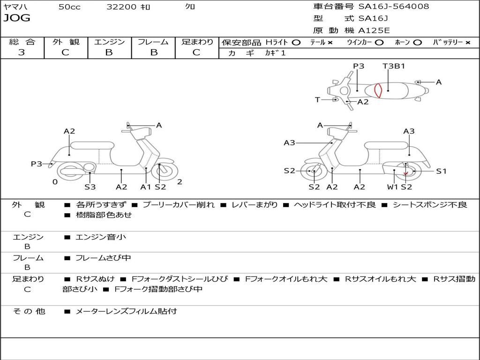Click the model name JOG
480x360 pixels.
(17, 19)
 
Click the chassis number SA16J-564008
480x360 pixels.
(393, 7)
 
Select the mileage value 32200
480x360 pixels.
(121, 7)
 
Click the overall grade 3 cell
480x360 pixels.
(22, 52)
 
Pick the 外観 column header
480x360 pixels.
(66, 42)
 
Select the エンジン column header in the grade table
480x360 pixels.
(109, 42)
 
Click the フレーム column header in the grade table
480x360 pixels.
(153, 42)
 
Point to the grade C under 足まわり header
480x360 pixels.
(196, 52)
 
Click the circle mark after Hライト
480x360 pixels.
(296, 42)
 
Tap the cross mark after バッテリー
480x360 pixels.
(468, 42)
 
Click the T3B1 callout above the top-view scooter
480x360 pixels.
(394, 66)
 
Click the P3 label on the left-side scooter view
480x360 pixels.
(37, 164)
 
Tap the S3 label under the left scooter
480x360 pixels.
(90, 187)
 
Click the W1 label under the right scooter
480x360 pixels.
(392, 187)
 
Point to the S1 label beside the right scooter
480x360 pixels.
(442, 171)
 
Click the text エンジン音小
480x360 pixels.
(101, 237)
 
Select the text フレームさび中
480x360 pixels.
(103, 258)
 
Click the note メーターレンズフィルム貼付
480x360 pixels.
(126, 311)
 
